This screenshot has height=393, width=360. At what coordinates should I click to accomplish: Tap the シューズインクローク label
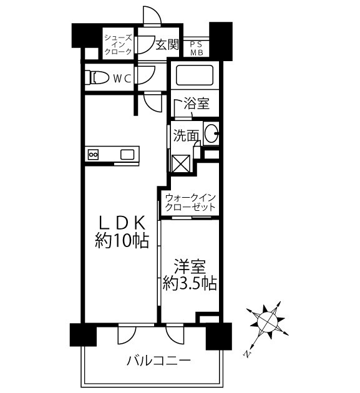(118, 44)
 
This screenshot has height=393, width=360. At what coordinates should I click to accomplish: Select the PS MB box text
(197, 48)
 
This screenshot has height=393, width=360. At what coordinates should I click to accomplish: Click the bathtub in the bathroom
(194, 76)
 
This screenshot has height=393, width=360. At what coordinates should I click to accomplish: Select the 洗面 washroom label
(186, 134)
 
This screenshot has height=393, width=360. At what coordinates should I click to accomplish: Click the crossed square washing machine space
(181, 163)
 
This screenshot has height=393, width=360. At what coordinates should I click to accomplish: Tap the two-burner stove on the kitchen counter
(94, 154)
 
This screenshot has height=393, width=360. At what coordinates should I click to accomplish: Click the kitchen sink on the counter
(127, 154)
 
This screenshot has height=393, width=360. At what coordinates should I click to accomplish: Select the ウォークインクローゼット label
(190, 201)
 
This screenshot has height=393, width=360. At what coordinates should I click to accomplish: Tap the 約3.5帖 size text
(190, 284)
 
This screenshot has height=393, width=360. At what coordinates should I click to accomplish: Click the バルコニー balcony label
(158, 361)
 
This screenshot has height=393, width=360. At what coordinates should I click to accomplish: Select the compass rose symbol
(268, 323)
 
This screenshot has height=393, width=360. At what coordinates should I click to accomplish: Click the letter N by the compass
(247, 354)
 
